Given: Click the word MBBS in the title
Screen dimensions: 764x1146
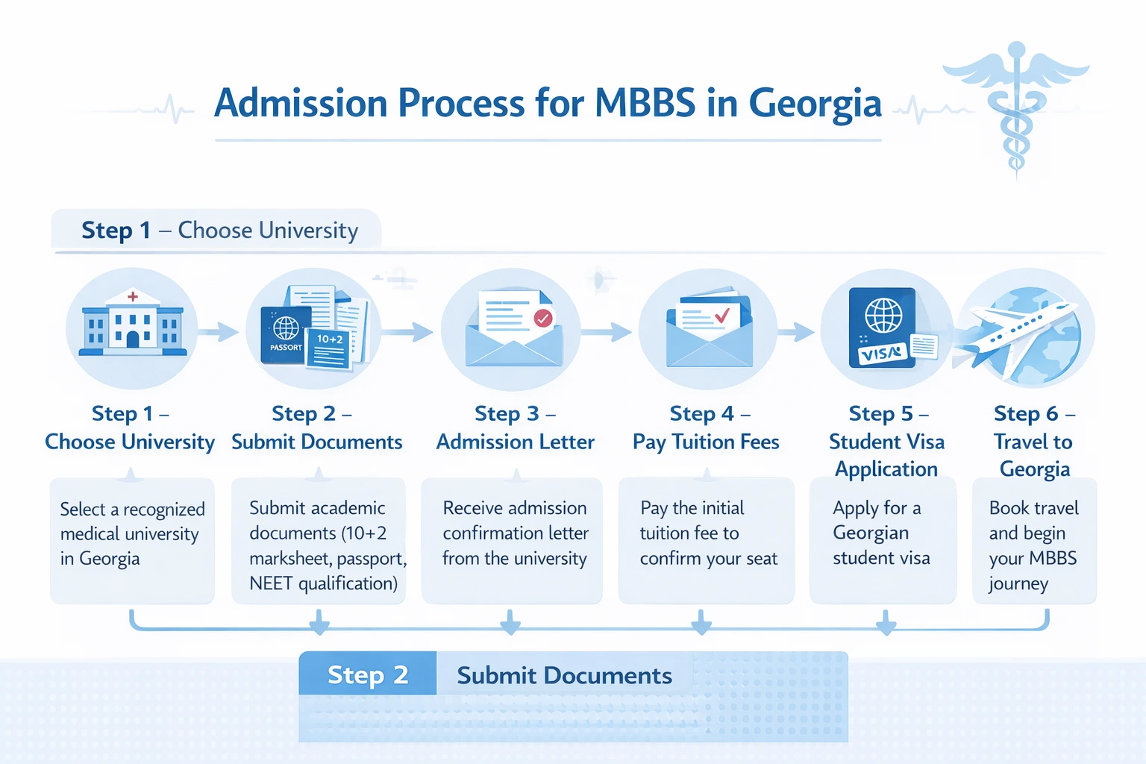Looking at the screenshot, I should pos(645,103).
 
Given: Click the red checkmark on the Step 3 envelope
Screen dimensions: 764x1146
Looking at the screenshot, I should pos(543,319).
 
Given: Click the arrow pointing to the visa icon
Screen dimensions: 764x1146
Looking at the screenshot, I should pos(798,331).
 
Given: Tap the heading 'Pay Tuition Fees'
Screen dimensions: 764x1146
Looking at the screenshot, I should pos(706,442).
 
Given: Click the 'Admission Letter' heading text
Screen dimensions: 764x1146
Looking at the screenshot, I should pos(516,442).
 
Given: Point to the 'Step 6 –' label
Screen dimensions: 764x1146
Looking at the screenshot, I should pos(1034,413).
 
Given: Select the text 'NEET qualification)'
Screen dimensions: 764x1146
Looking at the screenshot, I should pos(324,583).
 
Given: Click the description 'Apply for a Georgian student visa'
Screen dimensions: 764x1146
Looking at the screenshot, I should pos(881,533).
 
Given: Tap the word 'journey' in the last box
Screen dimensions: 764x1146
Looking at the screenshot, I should pos(1018,583).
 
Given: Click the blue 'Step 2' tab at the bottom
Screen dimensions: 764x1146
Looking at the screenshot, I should pos(368,674).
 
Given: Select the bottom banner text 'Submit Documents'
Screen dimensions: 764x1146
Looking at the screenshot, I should pos(564,675).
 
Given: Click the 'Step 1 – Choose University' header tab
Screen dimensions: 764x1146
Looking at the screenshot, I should pos(219,230).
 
